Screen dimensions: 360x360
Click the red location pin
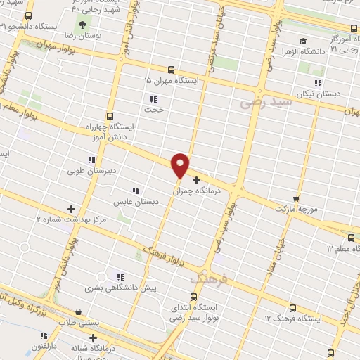[181, 165]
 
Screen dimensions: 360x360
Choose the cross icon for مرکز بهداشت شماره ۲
[71, 209]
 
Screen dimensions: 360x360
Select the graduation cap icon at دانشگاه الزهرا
[302, 41]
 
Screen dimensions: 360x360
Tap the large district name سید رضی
[265, 102]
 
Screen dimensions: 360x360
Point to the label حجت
[154, 109]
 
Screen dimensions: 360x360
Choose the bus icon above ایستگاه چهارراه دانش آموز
[109, 116]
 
